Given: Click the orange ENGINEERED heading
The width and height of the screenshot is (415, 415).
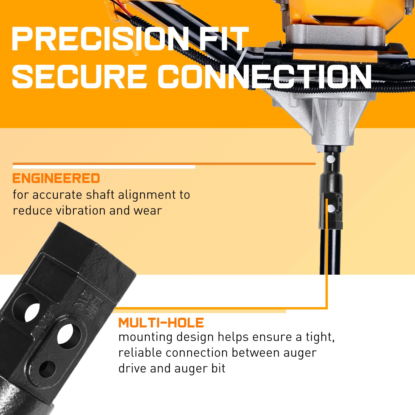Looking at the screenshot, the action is point(56,178).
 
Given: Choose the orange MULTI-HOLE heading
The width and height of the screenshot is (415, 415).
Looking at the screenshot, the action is point(161,323).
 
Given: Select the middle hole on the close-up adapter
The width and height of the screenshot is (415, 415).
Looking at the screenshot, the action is point(69,336).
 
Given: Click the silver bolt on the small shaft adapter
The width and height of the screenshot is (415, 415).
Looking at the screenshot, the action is point(331,207).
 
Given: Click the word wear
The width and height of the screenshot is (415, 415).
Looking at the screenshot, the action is point(148,211).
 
